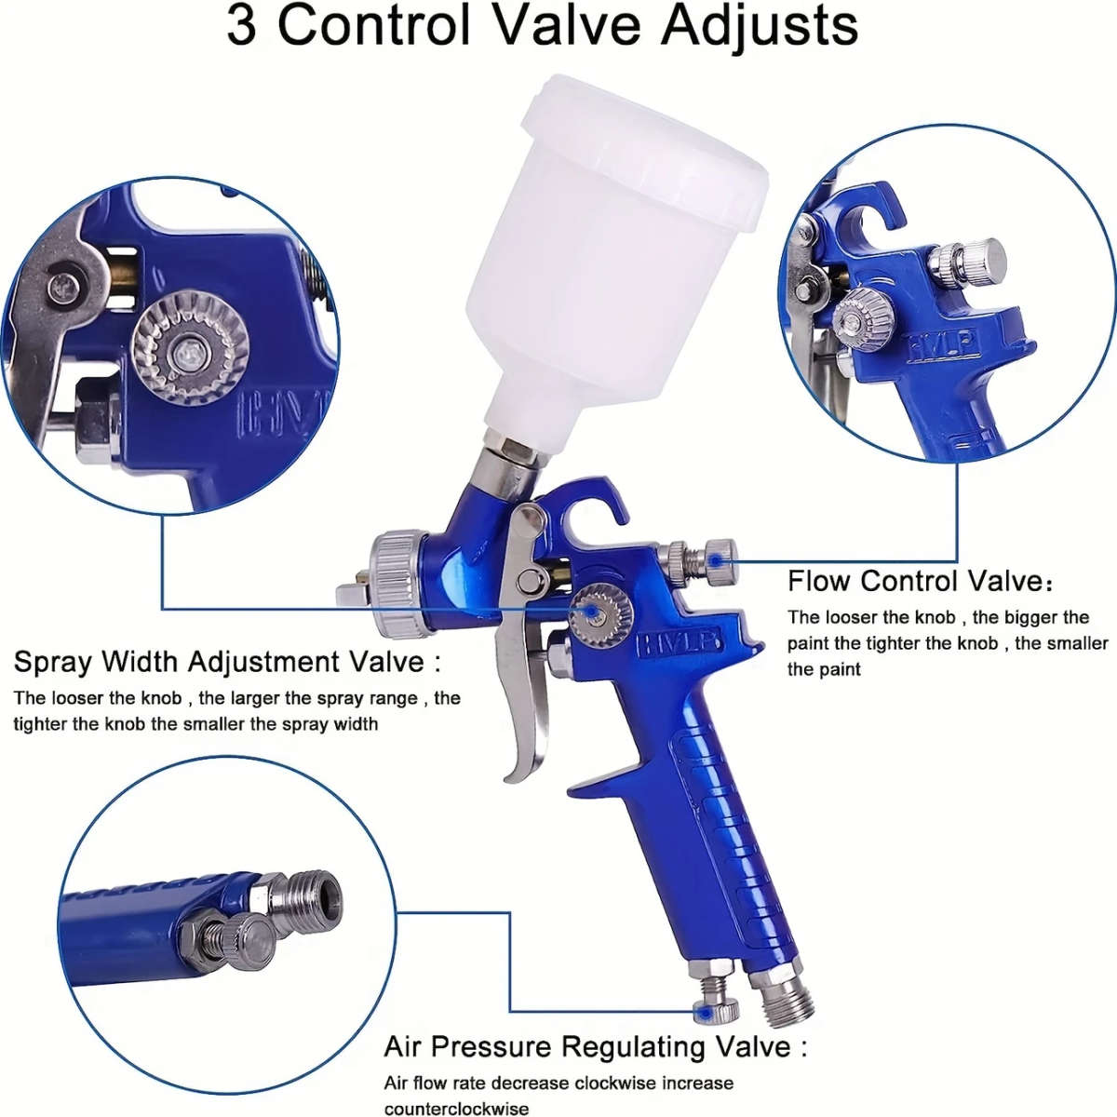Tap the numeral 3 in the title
(242, 26)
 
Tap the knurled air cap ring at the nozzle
(396, 582)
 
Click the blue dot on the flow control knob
(716, 560)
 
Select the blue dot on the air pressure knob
(707, 1011)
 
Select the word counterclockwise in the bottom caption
(456, 1109)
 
